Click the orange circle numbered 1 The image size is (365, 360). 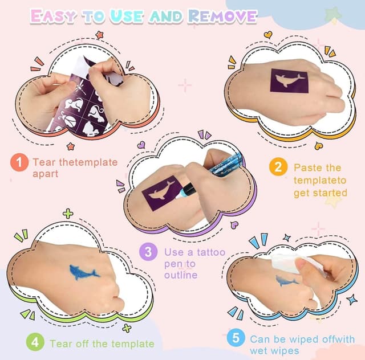tap(19, 162)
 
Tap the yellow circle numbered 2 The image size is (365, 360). tap(278, 167)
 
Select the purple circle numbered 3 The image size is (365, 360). tap(148, 252)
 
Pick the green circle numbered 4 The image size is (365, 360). tap(35, 343)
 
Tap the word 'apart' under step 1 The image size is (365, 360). tap(46, 174)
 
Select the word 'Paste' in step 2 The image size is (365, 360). tap(309, 167)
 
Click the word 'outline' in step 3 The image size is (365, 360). tap(181, 275)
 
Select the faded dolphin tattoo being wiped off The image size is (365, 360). tap(286, 280)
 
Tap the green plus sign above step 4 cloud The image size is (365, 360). tap(68, 214)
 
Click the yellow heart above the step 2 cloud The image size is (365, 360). tap(267, 35)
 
